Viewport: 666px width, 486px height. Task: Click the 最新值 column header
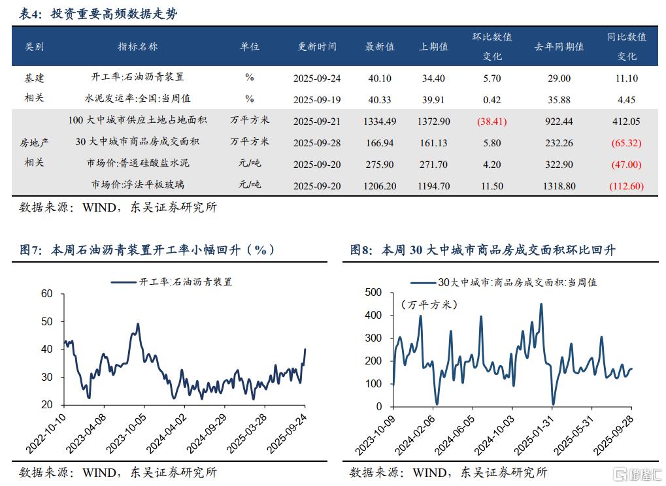380,46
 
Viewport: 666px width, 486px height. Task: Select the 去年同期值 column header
559,46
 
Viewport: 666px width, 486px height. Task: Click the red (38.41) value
491,121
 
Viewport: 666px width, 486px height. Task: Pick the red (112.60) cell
625,186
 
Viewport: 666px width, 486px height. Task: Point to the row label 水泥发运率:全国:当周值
137,99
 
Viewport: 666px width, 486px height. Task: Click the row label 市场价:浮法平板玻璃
137,186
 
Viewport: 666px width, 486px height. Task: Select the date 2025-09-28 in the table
317,142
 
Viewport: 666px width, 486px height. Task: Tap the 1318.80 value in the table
559,186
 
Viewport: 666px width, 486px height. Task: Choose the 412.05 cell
625,121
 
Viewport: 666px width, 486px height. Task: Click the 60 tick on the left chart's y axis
46,294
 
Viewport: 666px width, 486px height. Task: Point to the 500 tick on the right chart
373,292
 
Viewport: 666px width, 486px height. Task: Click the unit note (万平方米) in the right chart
429,304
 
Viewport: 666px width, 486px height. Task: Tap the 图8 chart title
482,250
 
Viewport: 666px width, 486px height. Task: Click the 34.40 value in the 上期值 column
433,78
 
